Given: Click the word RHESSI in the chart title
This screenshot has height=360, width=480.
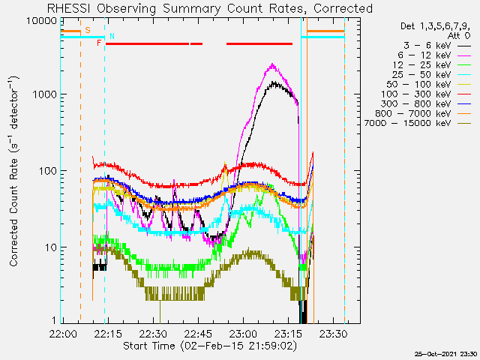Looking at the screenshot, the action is click(68, 8).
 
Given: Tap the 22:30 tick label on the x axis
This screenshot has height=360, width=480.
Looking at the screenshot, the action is click(153, 333).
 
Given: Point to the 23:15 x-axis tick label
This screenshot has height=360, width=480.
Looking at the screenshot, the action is click(288, 333).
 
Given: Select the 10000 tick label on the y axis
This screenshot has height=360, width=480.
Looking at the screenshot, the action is click(42, 21).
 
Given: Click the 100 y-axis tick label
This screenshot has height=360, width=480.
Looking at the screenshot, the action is click(48, 171).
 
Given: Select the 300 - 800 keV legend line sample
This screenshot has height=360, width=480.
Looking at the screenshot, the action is click(464, 104).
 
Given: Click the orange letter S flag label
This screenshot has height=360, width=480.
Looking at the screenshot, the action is click(88, 30).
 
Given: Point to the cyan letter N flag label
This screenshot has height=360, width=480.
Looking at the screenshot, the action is click(112, 36).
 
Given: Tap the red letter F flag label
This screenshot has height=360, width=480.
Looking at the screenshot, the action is click(99, 43).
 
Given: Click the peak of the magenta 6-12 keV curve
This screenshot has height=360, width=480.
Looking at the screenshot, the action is click(272, 64).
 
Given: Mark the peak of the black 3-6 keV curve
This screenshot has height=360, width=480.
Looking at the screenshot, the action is click(274, 82).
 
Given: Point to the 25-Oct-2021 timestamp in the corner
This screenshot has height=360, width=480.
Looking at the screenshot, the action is click(445, 354).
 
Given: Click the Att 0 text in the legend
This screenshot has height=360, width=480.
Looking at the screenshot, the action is click(459, 36).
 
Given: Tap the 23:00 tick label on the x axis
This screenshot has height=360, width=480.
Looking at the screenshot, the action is click(243, 333).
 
